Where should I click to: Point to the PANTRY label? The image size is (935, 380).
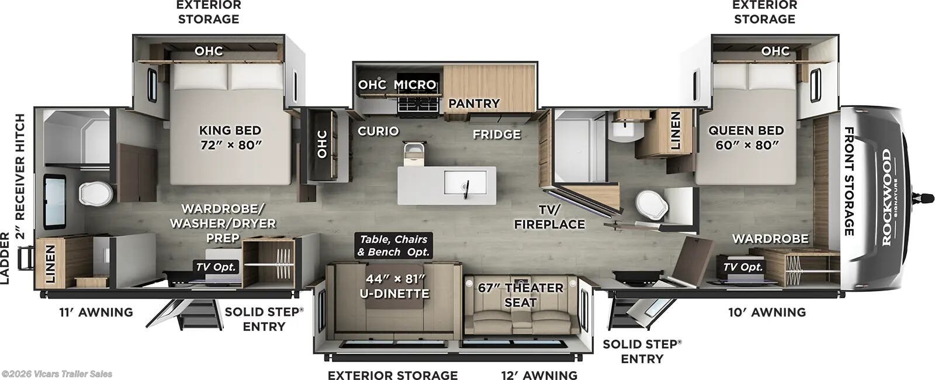[x=473, y=103]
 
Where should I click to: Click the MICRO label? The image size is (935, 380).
[x=415, y=85]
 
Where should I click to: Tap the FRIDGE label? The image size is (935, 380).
[x=497, y=134]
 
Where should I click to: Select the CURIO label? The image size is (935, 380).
[x=378, y=131]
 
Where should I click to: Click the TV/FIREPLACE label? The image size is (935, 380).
[x=549, y=216]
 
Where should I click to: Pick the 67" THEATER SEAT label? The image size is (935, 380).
[x=520, y=295]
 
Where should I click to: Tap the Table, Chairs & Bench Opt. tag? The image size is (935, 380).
[x=393, y=246]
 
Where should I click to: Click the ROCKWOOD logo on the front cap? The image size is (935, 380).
[x=886, y=197]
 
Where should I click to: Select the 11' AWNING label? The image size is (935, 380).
[x=96, y=312]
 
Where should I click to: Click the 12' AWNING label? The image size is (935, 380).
[x=539, y=375]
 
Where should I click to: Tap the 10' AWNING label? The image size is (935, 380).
[x=767, y=312]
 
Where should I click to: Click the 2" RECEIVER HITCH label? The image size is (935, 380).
[x=20, y=177]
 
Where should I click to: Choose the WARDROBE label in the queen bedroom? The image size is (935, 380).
[x=770, y=239]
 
